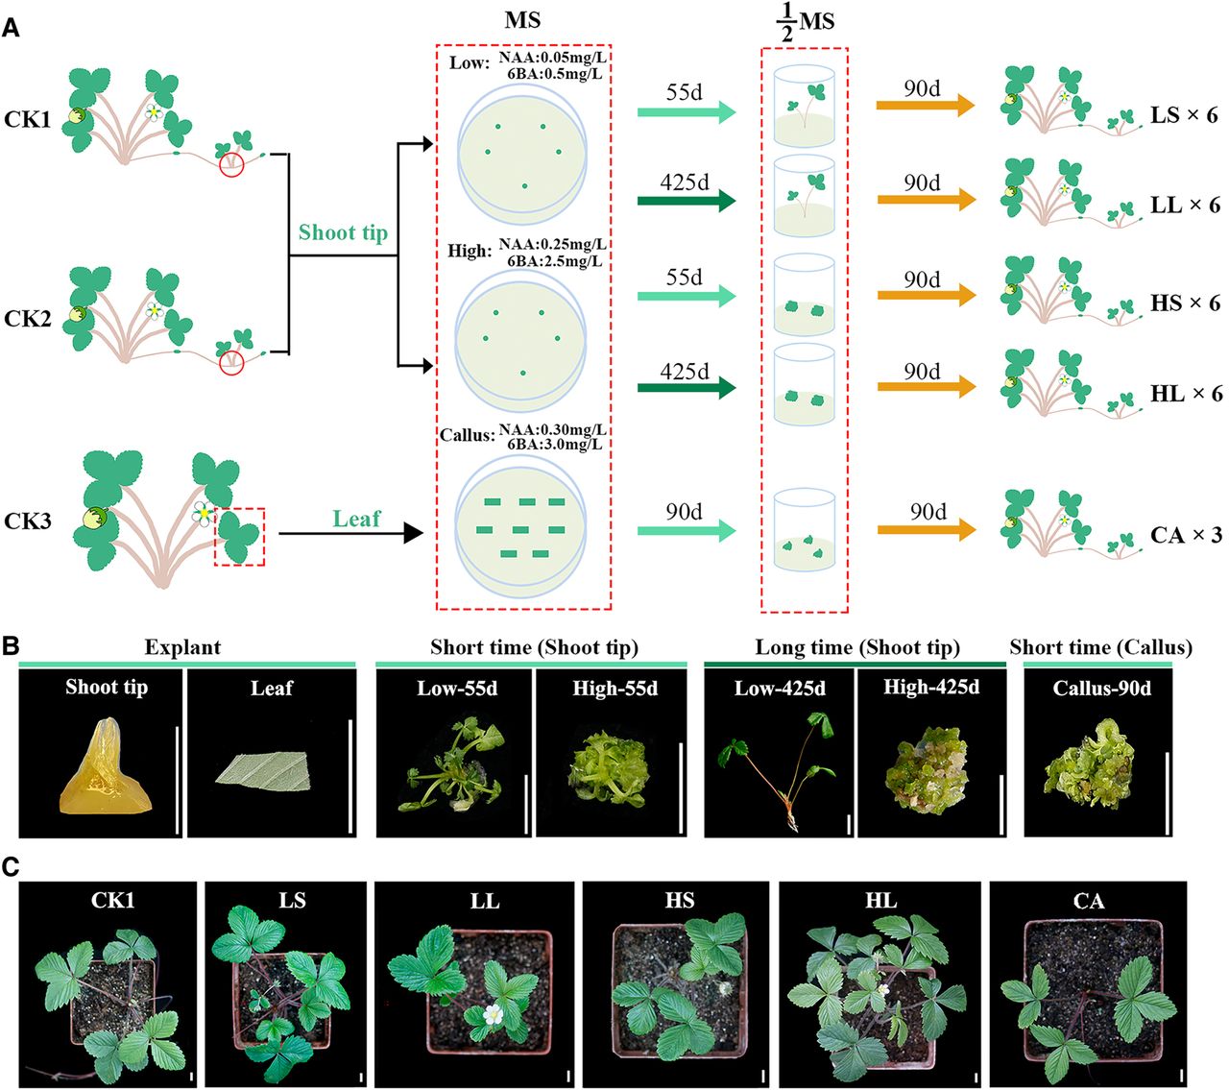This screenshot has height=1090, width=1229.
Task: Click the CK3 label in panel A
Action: pyautogui.click(x=27, y=521)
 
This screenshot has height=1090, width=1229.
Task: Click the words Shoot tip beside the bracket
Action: pyautogui.click(x=343, y=232)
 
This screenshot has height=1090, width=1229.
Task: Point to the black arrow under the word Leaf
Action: pyautogui.click(x=351, y=533)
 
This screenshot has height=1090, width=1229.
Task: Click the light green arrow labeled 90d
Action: pyautogui.click(x=687, y=531)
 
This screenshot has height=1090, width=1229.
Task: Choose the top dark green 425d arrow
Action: pyautogui.click(x=687, y=201)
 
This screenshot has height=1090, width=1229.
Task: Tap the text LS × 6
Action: pyautogui.click(x=1184, y=115)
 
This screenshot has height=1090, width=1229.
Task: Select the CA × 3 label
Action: pyautogui.click(x=1186, y=535)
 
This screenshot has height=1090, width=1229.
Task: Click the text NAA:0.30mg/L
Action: pyautogui.click(x=553, y=430)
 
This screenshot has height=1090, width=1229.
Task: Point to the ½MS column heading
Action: pyautogui.click(x=805, y=24)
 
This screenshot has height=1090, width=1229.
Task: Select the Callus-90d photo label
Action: pyautogui.click(x=1101, y=689)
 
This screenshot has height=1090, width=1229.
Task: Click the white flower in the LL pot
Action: pyautogui.click(x=494, y=1013)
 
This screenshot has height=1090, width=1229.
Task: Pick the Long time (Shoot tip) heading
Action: pyautogui.click(x=857, y=647)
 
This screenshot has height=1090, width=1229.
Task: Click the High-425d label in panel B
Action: pyautogui.click(x=931, y=687)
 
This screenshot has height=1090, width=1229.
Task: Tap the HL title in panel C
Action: pyautogui.click(x=880, y=900)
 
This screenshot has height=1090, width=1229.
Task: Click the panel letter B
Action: pyautogui.click(x=11, y=646)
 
